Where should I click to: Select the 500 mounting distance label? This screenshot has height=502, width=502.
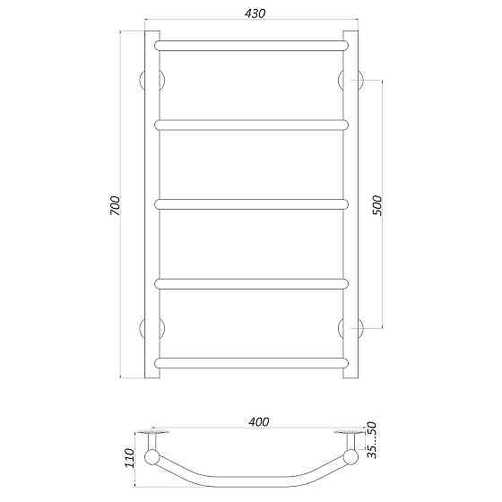coord(376,204)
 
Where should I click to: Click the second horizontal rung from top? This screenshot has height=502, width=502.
coord(251,125)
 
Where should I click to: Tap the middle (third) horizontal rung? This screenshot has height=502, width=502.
coord(251,204)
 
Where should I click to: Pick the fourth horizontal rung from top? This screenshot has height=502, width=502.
coord(251,284)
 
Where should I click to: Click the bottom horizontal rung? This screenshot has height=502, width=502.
coord(251,363)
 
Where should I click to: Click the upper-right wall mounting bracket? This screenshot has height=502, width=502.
coord(352,80)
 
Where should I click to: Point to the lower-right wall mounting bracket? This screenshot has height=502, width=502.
coord(352,328)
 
